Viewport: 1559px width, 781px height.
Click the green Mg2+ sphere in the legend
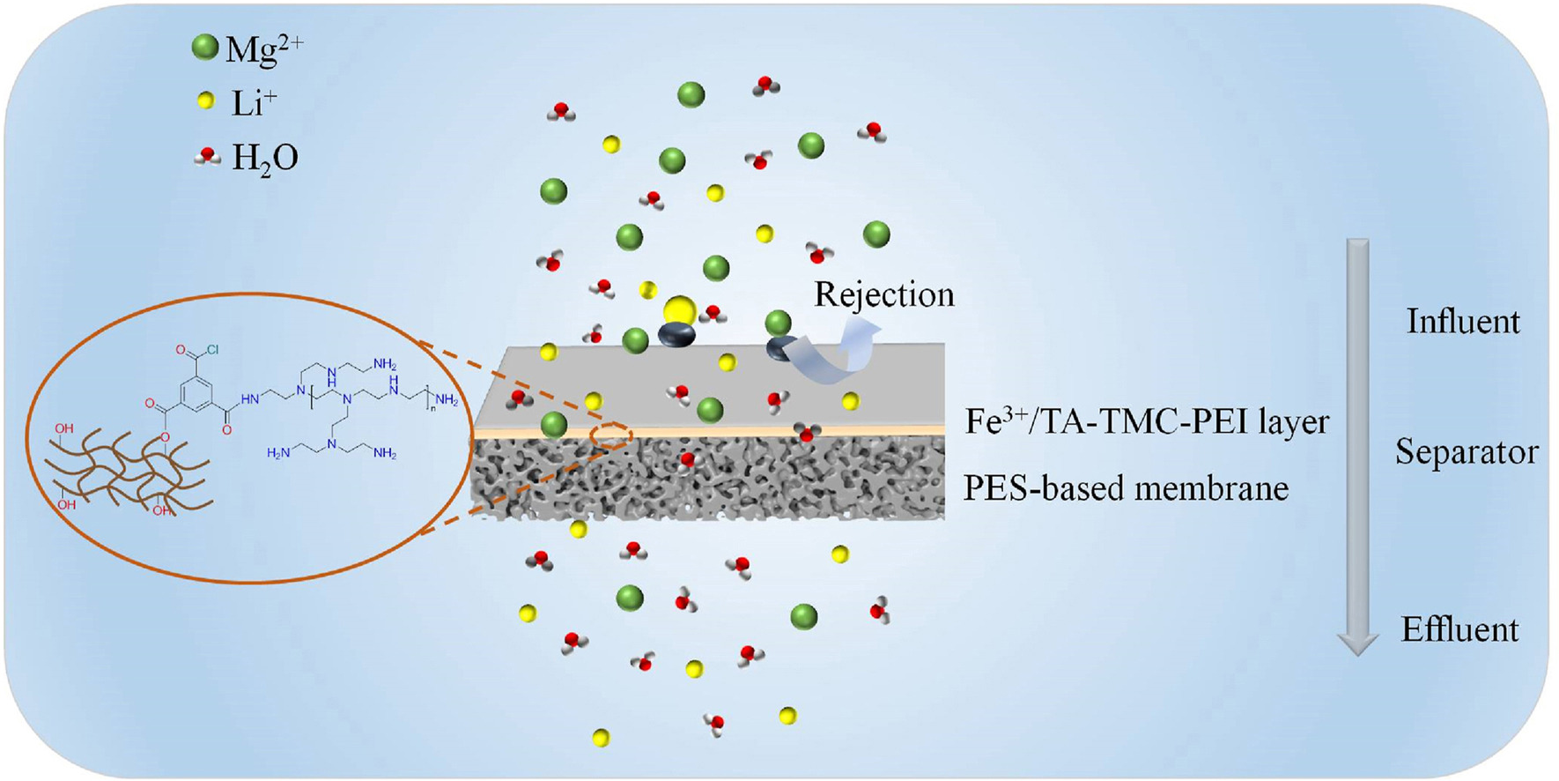tap(205, 48)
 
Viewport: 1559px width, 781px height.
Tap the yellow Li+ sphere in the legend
tap(205, 101)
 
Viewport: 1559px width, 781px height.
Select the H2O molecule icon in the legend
tap(207, 157)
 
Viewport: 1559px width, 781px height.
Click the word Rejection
tap(883, 294)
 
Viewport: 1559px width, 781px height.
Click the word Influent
tap(1462, 322)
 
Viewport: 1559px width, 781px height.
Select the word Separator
tap(1467, 452)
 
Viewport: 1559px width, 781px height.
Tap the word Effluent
tap(1459, 629)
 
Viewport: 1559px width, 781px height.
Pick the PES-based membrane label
tap(1126, 487)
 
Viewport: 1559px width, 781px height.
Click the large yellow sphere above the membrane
tap(679, 310)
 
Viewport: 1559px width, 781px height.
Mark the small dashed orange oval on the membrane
tap(611, 434)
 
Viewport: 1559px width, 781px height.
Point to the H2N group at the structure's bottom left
tap(278, 453)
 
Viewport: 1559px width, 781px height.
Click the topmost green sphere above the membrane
tap(691, 94)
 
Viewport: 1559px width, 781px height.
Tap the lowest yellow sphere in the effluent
tap(601, 738)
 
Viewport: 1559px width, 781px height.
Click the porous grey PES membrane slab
tap(705, 476)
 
